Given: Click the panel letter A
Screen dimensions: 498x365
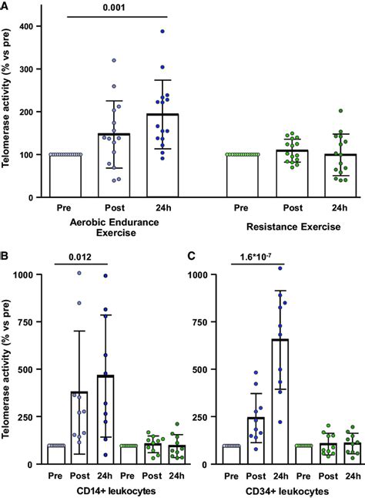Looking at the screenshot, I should click(5, 6).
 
